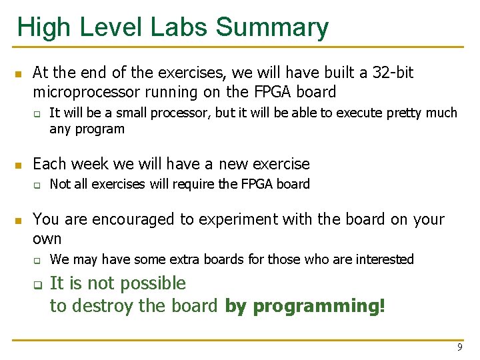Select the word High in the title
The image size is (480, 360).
[x=41, y=28]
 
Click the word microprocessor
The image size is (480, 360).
[x=84, y=91]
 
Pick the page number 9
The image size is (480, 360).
[x=459, y=347]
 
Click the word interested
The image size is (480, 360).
[x=384, y=259]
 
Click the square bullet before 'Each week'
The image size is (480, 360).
[x=19, y=165]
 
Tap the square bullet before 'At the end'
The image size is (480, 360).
[x=19, y=73]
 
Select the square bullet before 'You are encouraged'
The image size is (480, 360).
[x=19, y=219]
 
